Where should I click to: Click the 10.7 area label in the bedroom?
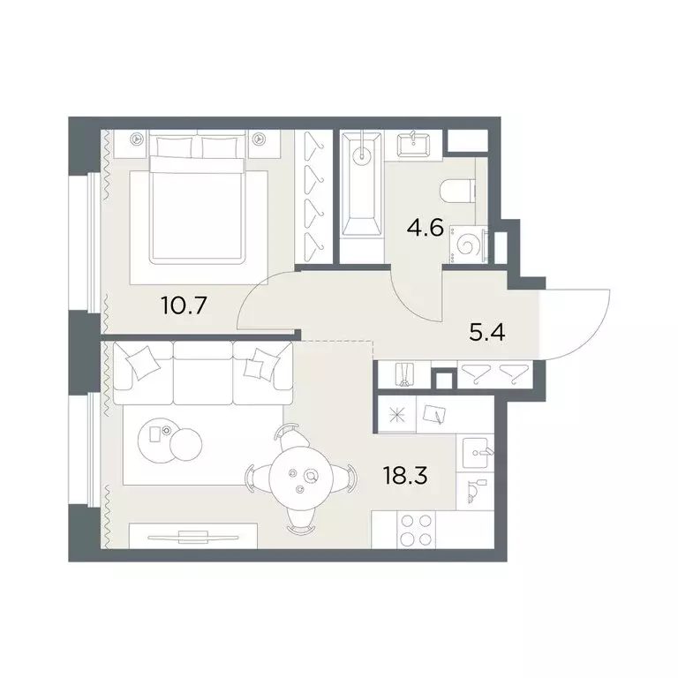184,305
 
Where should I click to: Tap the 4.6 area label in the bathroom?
426,228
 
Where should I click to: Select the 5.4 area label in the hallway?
487,333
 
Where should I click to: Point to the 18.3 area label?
405,476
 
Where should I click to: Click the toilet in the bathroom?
457,191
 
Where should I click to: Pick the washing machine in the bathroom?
467,245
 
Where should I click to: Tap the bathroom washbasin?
414,144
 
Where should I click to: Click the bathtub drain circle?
361,156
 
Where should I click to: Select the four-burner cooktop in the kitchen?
416,530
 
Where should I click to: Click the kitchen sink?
476,453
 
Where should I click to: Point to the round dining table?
301,478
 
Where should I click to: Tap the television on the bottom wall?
192,538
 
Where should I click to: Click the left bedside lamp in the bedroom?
137,139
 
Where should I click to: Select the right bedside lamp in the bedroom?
259,139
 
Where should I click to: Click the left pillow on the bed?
174,147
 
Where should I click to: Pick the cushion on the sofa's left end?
140,363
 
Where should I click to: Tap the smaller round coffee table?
186,444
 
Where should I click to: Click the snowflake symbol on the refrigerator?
397,415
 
